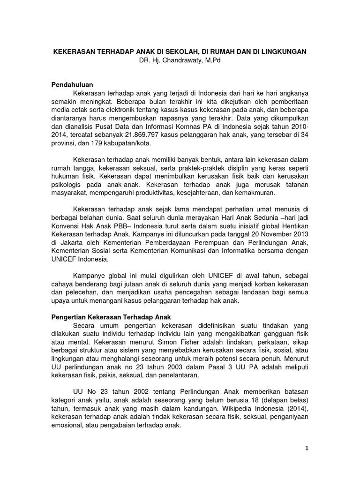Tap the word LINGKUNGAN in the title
click(283, 52)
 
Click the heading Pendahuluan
click(72, 85)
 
